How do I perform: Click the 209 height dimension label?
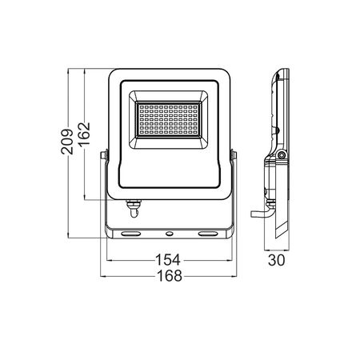[67, 142]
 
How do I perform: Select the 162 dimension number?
[84, 134]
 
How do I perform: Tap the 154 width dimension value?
[168, 260]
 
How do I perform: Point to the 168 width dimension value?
[170, 276]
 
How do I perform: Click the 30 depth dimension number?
[276, 260]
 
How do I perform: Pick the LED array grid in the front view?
[168, 119]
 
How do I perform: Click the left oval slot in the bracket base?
[130, 234]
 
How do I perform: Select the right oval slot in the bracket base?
[208, 234]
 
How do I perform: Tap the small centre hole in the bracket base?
[169, 234]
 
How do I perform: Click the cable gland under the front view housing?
[134, 208]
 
